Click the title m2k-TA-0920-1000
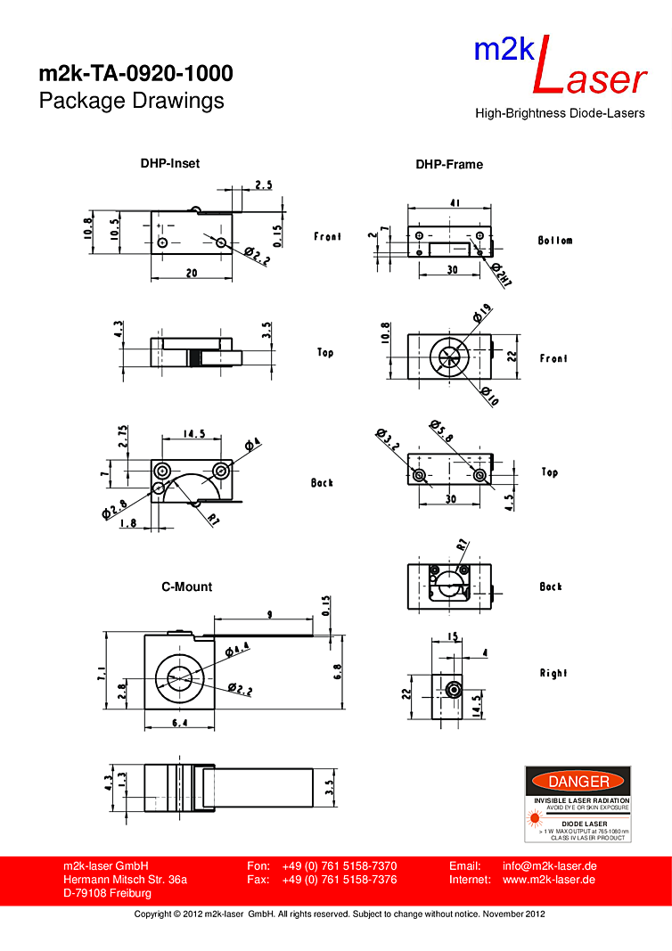tap(135, 73)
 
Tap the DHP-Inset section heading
tap(169, 163)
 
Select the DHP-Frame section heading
tap(449, 164)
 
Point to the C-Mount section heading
tap(186, 586)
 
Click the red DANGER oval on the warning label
tap(578, 782)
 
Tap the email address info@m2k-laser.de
tap(549, 865)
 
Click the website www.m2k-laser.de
tap(549, 880)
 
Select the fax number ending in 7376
tap(339, 880)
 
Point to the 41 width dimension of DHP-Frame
tap(455, 203)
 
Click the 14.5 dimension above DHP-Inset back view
tap(195, 434)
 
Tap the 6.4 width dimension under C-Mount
tap(180, 723)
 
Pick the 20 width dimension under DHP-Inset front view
tap(192, 274)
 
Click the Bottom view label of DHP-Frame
tap(555, 241)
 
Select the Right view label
tap(553, 673)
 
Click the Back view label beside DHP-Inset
tap(322, 482)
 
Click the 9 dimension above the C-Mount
tap(269, 613)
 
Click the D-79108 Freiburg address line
tap(107, 894)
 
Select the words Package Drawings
tap(131, 101)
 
